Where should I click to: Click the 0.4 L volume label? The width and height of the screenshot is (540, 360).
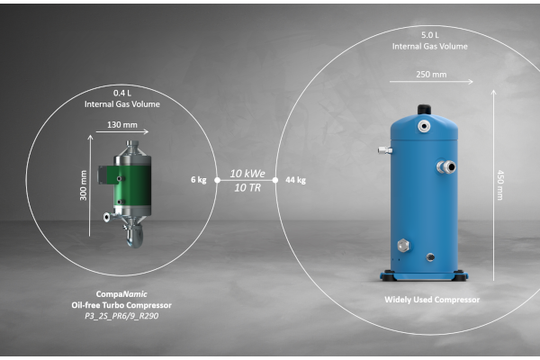(x=122, y=93)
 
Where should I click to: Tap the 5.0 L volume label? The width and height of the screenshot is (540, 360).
(x=430, y=35)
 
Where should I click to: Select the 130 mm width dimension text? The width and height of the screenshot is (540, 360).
(x=122, y=125)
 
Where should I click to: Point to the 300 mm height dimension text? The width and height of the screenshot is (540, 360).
(x=84, y=185)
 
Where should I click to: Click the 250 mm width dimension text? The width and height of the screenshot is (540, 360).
(x=431, y=75)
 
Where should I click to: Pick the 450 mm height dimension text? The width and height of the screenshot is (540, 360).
(x=500, y=185)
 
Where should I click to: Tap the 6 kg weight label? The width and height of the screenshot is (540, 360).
(x=199, y=180)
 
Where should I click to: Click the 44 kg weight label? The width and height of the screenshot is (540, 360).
(x=295, y=180)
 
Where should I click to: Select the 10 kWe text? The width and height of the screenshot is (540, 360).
(x=247, y=174)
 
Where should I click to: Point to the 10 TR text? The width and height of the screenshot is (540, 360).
(x=247, y=188)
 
